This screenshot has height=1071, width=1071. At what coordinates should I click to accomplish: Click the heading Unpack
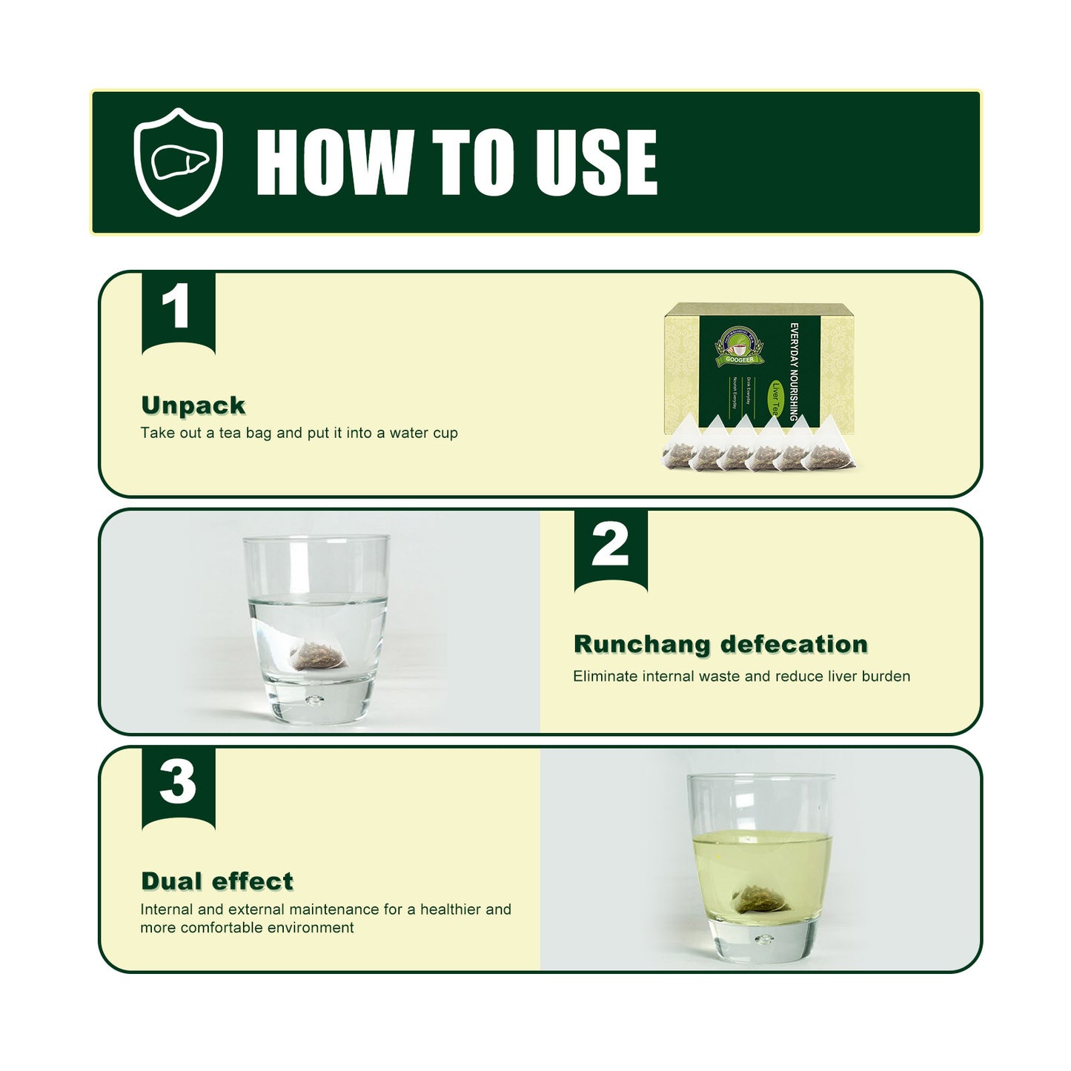pos(193,405)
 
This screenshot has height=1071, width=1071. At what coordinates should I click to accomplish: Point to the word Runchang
pos(642,645)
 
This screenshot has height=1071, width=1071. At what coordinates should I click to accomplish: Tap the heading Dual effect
pos(217,881)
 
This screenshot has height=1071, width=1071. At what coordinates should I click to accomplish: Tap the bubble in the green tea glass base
pos(763,940)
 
